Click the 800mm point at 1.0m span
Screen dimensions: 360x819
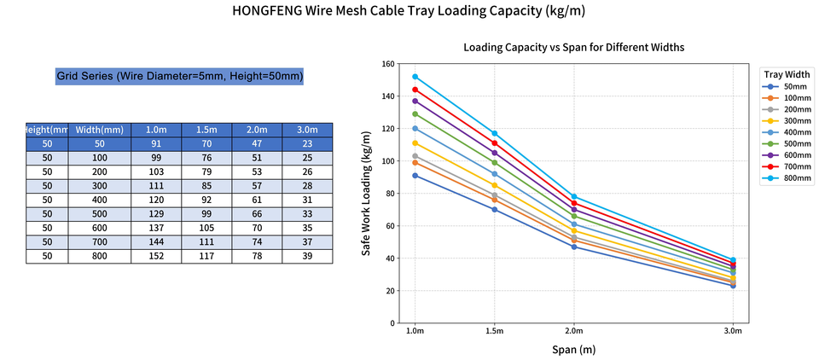coord(415,77)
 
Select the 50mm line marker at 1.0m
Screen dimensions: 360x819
coord(415,176)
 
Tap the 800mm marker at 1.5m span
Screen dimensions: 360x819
coord(494,133)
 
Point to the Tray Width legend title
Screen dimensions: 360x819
coord(786,74)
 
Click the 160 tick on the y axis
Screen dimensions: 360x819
coord(388,64)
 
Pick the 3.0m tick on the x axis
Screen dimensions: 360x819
coord(732,330)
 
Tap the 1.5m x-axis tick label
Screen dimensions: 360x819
coord(494,330)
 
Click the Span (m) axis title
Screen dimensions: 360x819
coord(573,350)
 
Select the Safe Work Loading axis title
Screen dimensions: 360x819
coord(366,194)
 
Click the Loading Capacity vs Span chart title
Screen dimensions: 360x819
coord(573,47)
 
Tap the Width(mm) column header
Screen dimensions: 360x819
coord(100,130)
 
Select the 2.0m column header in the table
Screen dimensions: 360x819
coord(258,130)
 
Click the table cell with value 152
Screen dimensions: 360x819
coord(156,256)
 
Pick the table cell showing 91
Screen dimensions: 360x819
coord(156,144)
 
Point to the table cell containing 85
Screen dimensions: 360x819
coord(207,186)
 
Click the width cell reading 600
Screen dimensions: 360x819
coord(100,228)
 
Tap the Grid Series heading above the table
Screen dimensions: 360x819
coord(180,77)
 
